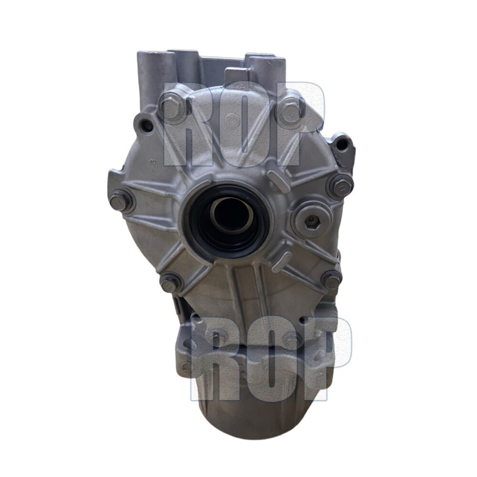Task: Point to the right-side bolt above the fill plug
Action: pyautogui.click(x=340, y=186)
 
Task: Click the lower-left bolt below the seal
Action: pyautogui.click(x=170, y=284)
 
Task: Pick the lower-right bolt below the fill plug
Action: pyautogui.click(x=331, y=279)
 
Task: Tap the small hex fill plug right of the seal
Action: pyautogui.click(x=312, y=220)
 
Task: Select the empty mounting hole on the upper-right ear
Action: pyautogui.click(x=342, y=144)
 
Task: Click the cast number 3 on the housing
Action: pyautogui.click(x=154, y=161)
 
